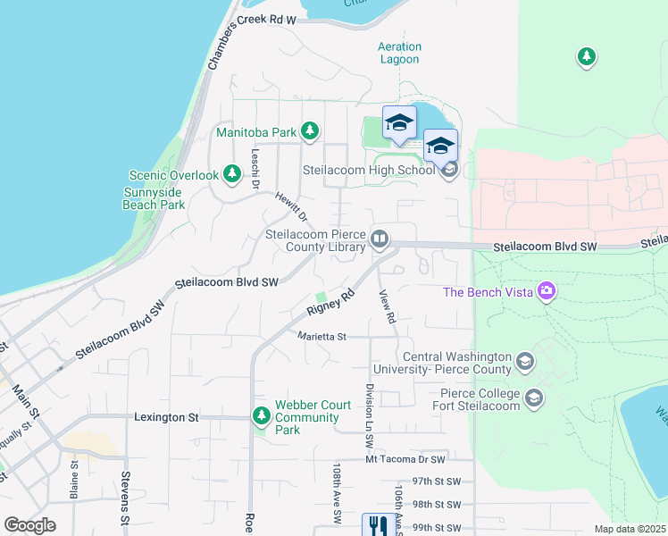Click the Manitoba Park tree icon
click(310, 132)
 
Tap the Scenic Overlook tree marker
click(232, 174)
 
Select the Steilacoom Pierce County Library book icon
click(380, 239)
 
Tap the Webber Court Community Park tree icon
click(262, 416)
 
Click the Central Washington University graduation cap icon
click(526, 362)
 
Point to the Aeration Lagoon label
click(398, 53)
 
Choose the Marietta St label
click(321, 337)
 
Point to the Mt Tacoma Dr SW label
click(405, 459)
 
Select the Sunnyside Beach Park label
click(154, 198)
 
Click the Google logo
click(29, 525)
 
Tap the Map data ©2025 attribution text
click(629, 529)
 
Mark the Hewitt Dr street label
click(291, 206)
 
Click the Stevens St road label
click(126, 498)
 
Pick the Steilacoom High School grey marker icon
click(449, 168)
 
